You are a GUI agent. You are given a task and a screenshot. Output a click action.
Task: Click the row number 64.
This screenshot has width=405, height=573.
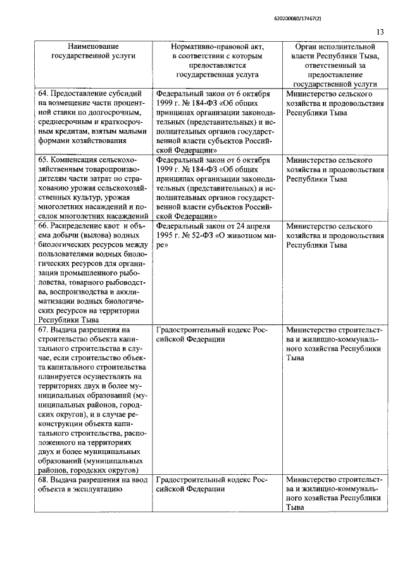pyautogui.click(x=43, y=94)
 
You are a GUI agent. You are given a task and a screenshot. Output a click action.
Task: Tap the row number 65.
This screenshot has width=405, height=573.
pyautogui.click(x=43, y=160)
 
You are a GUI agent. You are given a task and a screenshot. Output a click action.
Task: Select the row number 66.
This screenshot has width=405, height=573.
pyautogui.click(x=43, y=226)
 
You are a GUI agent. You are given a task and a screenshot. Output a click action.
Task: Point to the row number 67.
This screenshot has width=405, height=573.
pyautogui.click(x=43, y=330)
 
